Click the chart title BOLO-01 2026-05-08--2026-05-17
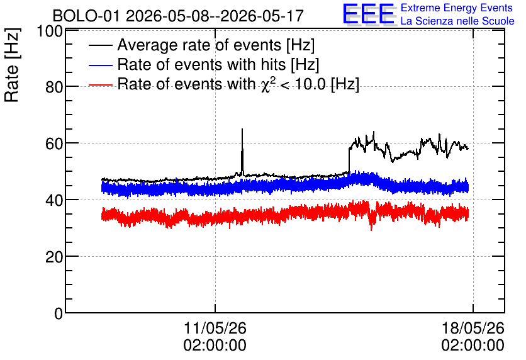(x=178, y=16)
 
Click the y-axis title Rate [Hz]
(x=12, y=65)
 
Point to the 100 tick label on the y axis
(x=50, y=31)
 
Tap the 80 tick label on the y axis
(x=54, y=87)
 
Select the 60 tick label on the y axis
(x=54, y=143)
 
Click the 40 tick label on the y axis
(x=54, y=200)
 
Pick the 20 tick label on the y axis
(x=54, y=257)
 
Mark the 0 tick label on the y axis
(x=59, y=313)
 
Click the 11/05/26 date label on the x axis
(x=215, y=328)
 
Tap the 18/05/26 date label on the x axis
(x=473, y=328)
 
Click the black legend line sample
(x=100, y=45)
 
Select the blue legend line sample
(x=100, y=65)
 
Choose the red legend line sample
(x=100, y=84)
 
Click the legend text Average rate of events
(x=199, y=45)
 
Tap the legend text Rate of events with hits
(x=201, y=64)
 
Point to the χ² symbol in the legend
(x=266, y=84)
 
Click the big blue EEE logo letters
(x=368, y=14)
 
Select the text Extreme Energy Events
(x=457, y=8)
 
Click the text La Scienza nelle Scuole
(x=457, y=21)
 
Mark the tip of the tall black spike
(x=242, y=129)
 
